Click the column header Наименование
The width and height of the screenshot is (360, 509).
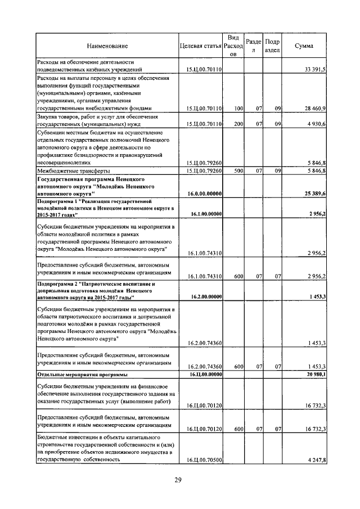pyautogui.click(x=107, y=46)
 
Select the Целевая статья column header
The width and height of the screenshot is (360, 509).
pyautogui.click(x=199, y=46)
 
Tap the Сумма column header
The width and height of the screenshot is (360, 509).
pyautogui.click(x=304, y=46)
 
